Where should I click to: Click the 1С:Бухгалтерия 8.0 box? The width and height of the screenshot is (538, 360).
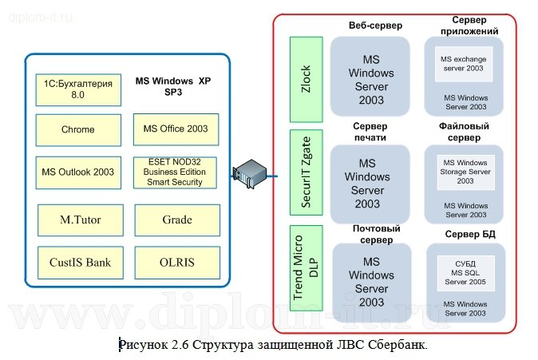coord(79,89)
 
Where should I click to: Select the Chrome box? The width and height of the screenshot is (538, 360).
coord(78,129)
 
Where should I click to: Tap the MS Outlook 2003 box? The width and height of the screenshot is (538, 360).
coord(78,172)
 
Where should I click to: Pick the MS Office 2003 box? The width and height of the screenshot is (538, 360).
coord(175,129)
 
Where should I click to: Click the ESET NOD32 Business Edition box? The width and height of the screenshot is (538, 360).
coord(175,172)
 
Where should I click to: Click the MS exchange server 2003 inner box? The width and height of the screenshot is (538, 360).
coord(465,64)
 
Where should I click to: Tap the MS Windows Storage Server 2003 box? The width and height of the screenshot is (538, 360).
coord(465,172)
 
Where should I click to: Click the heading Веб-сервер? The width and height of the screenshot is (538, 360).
coord(375,26)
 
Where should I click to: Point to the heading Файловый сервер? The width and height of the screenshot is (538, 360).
coord(464,131)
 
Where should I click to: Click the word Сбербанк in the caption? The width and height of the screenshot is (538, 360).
coord(399,345)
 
